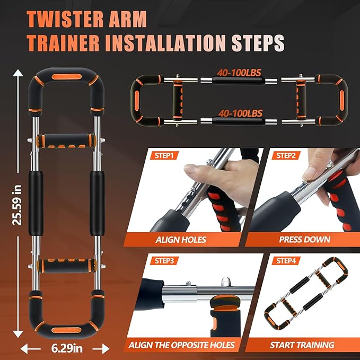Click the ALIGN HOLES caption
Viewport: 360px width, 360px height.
click(180, 239)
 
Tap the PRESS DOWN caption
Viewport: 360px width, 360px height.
click(305, 239)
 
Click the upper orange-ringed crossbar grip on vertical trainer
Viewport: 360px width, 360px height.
click(65, 142)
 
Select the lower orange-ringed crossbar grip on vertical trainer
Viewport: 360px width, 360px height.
click(65, 264)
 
